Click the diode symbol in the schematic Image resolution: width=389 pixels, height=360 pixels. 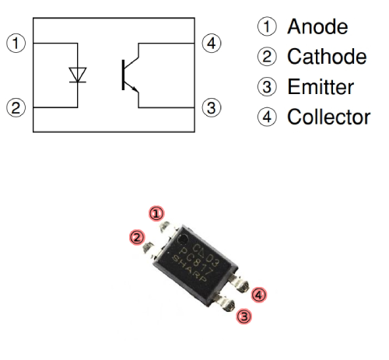tap(78, 74)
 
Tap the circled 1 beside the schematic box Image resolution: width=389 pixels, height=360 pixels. tap(15, 42)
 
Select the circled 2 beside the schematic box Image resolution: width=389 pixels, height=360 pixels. tap(15, 106)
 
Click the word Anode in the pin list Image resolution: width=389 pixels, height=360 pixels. tap(317, 27)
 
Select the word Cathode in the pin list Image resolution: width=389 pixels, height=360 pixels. tap(326, 58)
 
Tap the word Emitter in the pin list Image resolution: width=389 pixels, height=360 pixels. tap(320, 88)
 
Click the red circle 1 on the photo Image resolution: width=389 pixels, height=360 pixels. tap(157, 213)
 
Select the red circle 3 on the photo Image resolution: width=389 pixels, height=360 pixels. tap(244, 316)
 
